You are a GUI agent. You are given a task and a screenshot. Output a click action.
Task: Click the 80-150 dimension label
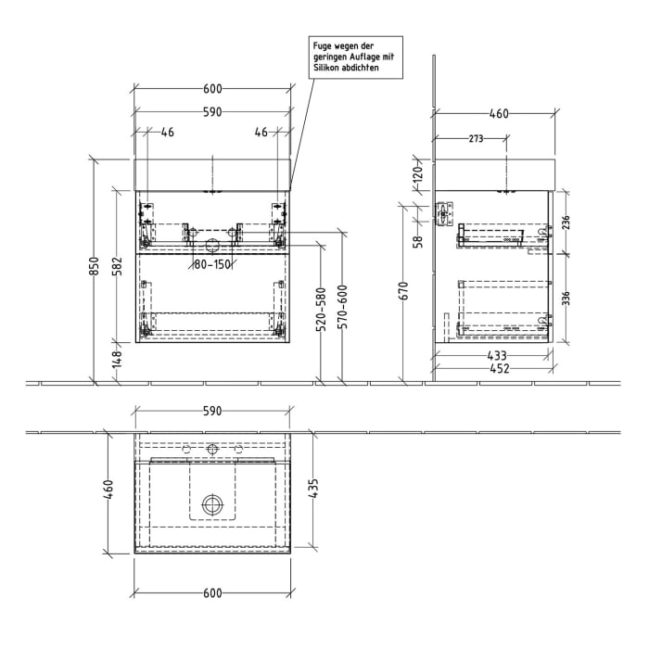pos(212,265)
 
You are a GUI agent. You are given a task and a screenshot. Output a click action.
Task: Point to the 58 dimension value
pos(418,241)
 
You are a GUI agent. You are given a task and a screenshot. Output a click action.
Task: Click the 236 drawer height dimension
pos(565,223)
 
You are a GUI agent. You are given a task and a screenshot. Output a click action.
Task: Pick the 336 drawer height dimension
pos(565,299)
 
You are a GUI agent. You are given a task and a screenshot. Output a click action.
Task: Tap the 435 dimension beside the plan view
pos(314,490)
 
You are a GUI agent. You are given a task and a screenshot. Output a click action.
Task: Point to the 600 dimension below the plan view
pos(212,594)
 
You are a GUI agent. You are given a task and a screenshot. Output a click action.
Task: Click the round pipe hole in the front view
pos(212,245)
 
